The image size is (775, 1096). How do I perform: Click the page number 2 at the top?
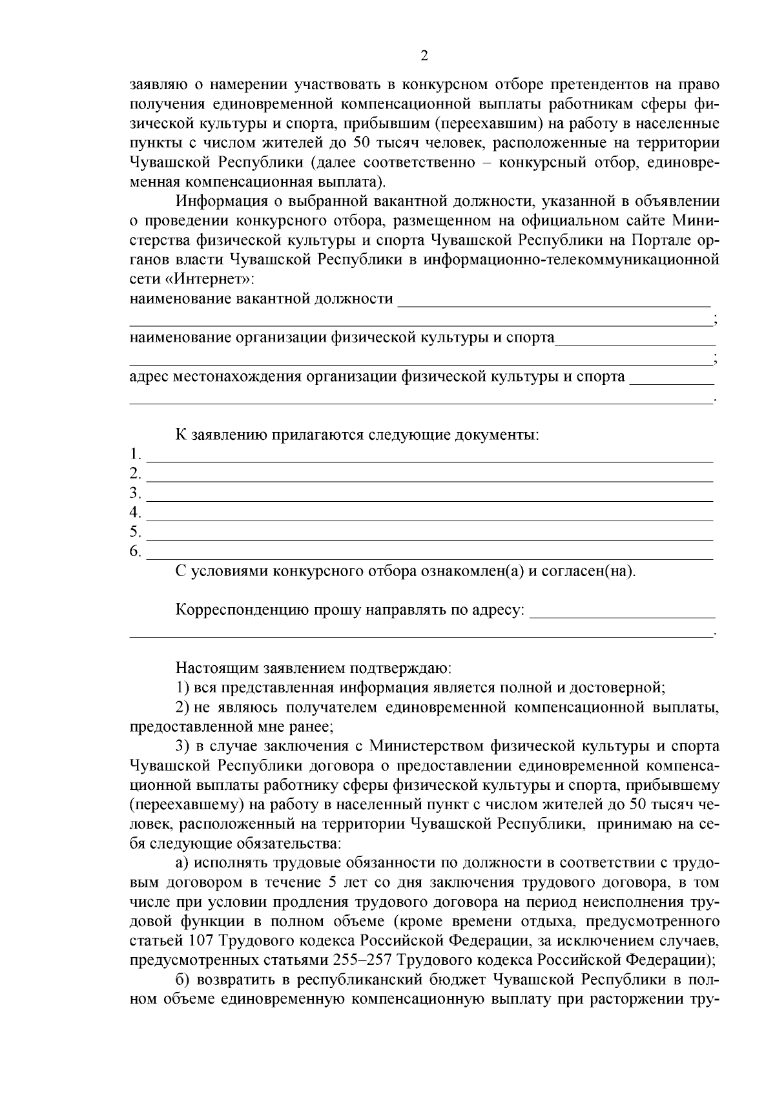point(424,56)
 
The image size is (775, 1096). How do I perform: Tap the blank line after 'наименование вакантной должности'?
point(554,300)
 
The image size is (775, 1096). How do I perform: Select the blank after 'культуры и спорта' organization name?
point(635,339)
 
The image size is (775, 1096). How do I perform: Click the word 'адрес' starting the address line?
point(149,377)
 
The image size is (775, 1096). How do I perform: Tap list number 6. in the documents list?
point(135,552)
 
